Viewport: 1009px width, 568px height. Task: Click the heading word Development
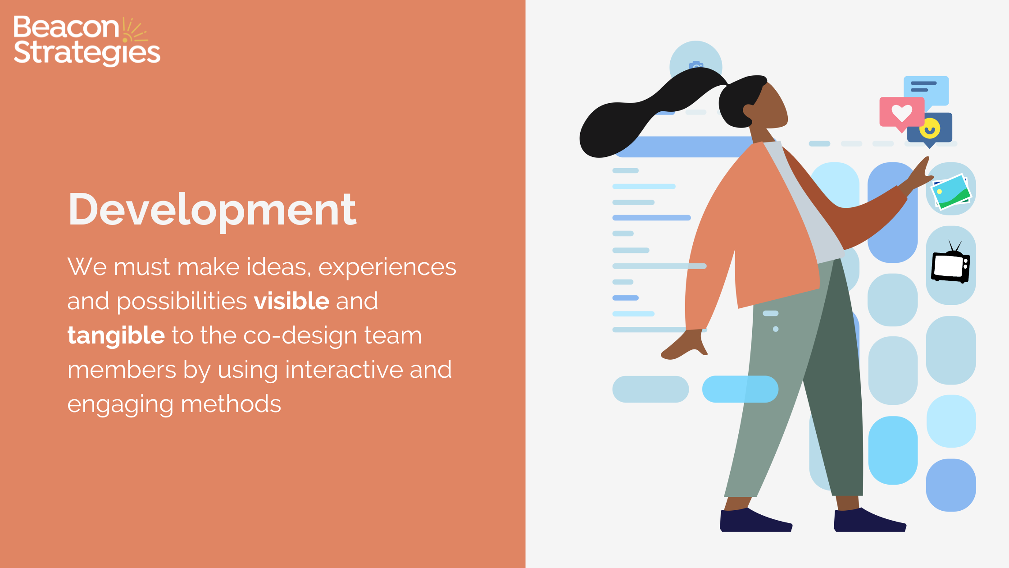(x=212, y=209)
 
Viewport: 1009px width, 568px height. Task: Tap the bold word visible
(x=291, y=301)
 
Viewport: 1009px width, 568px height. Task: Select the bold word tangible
(x=116, y=336)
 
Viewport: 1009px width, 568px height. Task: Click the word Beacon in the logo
(x=66, y=27)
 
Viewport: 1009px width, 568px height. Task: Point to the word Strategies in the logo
(x=86, y=53)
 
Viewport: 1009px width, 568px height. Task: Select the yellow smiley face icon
(x=930, y=128)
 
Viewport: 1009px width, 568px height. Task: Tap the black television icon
(x=950, y=266)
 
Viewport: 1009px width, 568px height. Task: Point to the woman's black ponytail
(x=631, y=122)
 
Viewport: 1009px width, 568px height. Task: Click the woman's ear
(x=748, y=111)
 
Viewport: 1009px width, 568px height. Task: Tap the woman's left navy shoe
(x=755, y=521)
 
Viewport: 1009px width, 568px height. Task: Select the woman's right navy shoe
(x=869, y=521)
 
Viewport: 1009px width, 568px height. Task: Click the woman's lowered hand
(x=685, y=345)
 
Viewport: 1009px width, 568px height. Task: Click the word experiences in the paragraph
(x=387, y=267)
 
